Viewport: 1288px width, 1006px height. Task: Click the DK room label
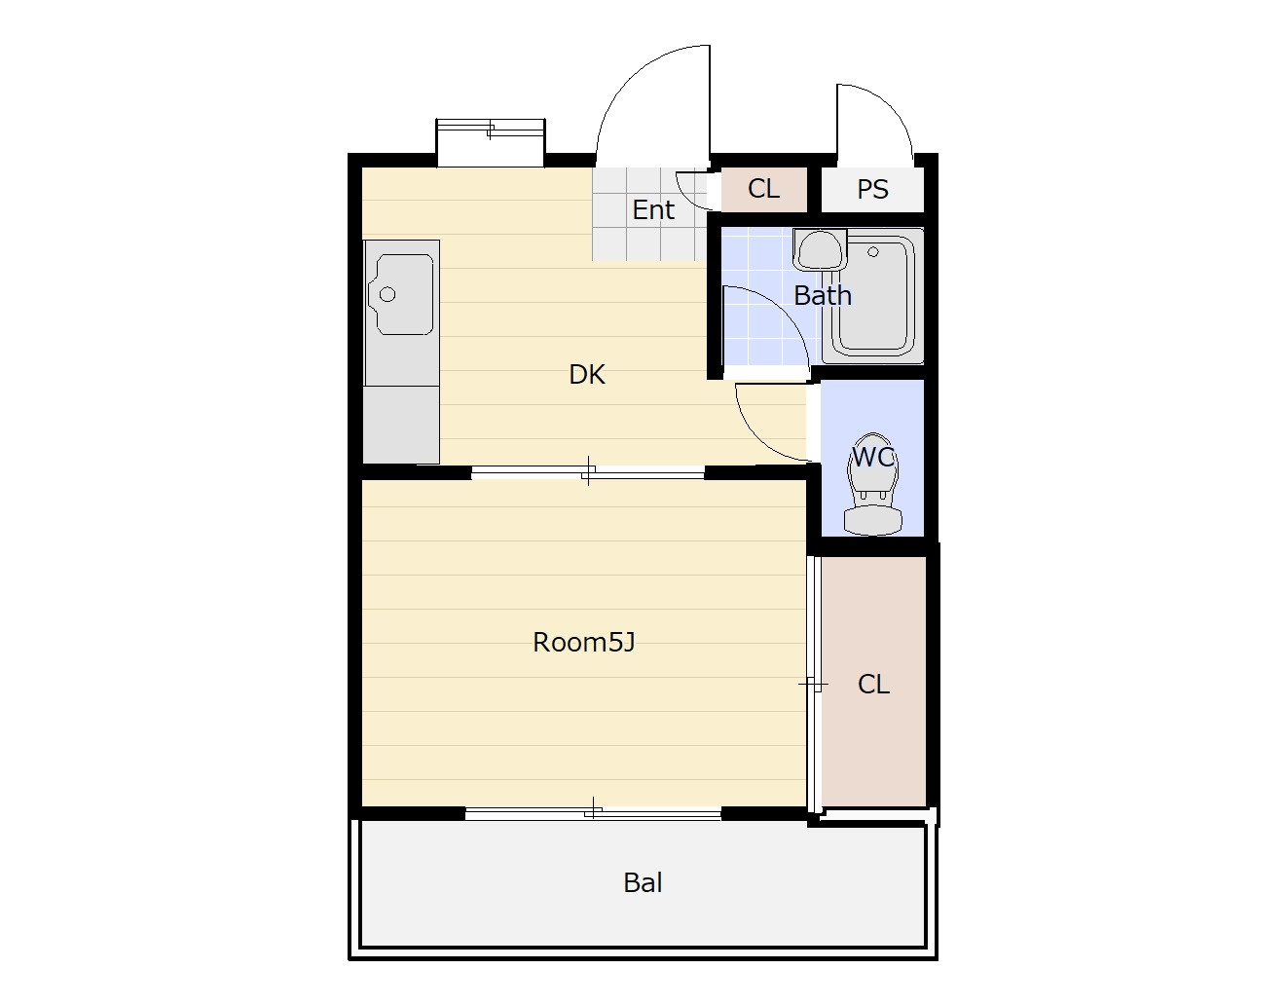click(587, 375)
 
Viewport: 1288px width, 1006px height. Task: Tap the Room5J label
click(584, 643)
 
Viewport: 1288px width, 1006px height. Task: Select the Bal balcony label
click(643, 882)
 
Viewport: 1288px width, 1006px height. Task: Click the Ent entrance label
click(653, 209)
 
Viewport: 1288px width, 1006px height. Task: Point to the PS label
click(872, 189)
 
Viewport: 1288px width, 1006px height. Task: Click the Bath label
click(823, 295)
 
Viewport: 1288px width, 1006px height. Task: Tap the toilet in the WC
click(873, 484)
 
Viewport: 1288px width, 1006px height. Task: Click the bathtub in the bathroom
click(872, 296)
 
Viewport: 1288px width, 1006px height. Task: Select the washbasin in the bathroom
click(819, 250)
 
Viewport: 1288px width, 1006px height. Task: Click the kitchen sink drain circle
click(387, 294)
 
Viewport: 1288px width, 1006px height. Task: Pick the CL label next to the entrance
click(763, 189)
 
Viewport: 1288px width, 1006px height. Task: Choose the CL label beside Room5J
click(873, 684)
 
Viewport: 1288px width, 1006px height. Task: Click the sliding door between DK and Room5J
click(587, 472)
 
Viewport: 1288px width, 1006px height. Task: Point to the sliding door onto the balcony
click(593, 813)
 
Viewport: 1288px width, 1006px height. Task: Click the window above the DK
click(491, 142)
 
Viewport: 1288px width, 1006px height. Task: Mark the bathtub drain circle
click(872, 252)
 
